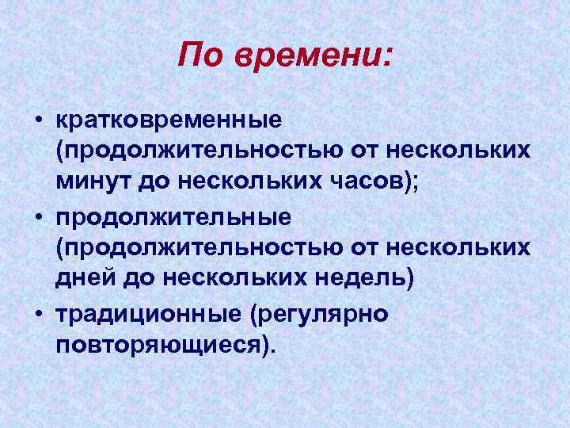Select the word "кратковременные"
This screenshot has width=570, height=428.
point(169,120)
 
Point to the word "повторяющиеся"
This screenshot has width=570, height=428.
point(162,343)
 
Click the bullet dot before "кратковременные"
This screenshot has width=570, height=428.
point(38,121)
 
